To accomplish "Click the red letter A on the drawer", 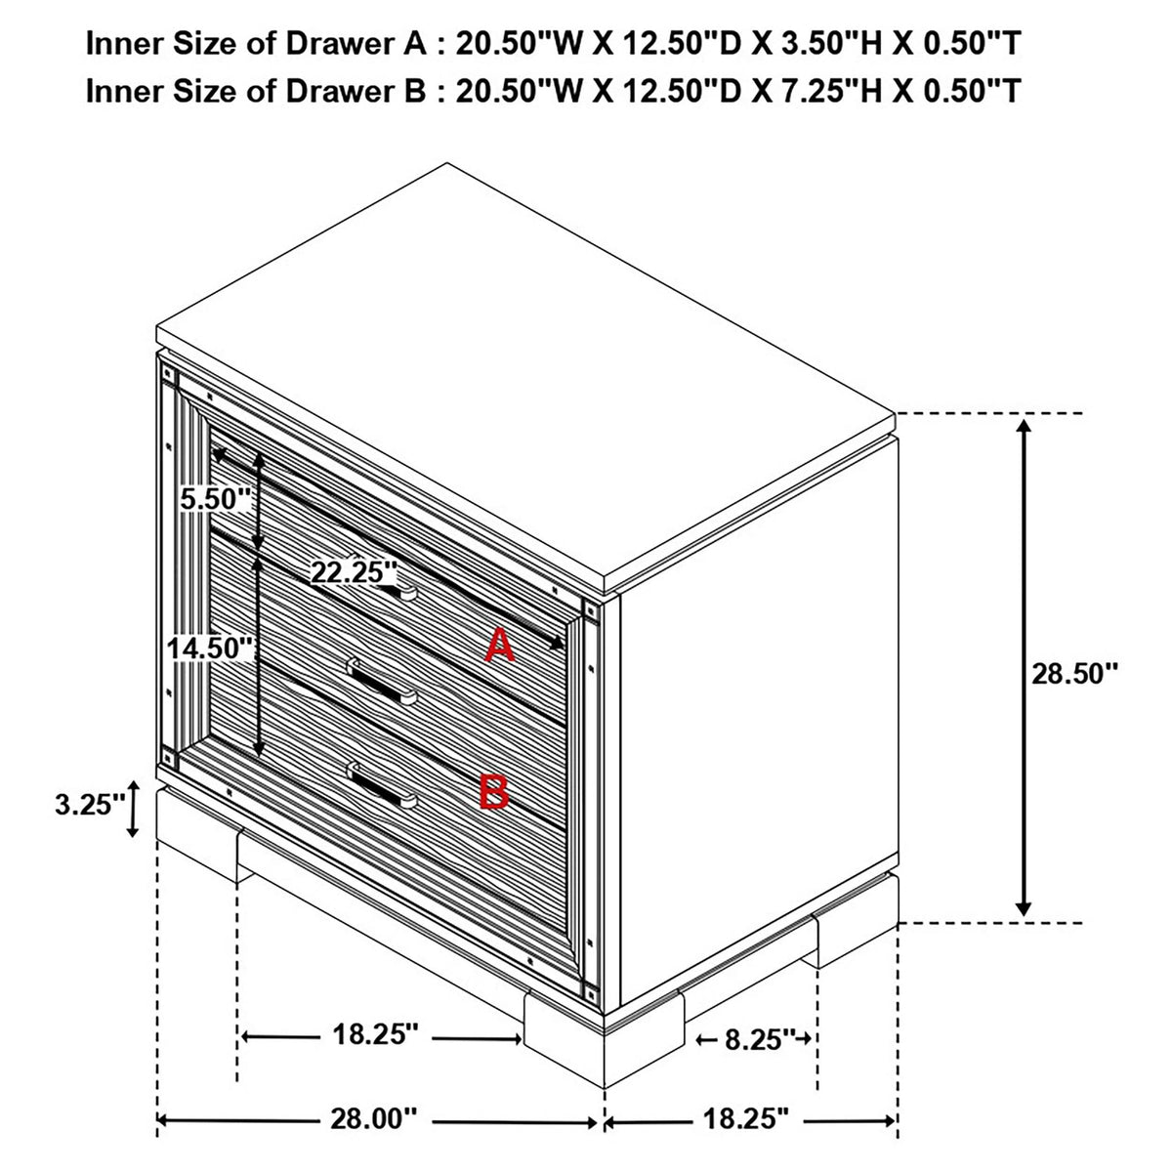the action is pyautogui.click(x=500, y=645).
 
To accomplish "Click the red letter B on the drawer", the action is pyautogui.click(x=493, y=791).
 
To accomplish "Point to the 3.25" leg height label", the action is pyautogui.click(x=91, y=805).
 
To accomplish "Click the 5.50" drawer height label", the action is pyautogui.click(x=216, y=499).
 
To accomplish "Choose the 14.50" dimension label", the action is pyautogui.click(x=210, y=648).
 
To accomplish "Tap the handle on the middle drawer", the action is pyautogui.click(x=381, y=682).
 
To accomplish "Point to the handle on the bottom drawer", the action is pyautogui.click(x=381, y=786).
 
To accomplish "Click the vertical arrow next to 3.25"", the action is pyautogui.click(x=133, y=809).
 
